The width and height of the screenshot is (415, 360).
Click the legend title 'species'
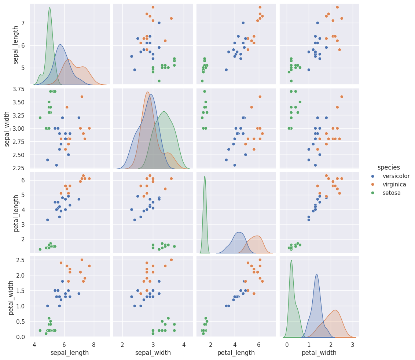tap(389, 167)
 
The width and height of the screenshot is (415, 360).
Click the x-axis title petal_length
tap(236, 353)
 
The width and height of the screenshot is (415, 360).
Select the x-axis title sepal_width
tap(153, 353)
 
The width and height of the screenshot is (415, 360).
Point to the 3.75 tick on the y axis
tap(19, 89)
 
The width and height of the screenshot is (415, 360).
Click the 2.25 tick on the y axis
tap(19, 168)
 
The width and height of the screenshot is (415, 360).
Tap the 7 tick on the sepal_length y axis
tap(23, 23)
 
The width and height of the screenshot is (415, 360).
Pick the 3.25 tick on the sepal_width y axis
tap(19, 115)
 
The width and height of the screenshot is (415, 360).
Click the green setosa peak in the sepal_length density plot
tap(49, 8)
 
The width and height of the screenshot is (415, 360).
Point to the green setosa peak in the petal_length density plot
tap(205, 177)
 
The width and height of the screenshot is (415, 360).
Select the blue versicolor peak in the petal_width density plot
tap(316, 275)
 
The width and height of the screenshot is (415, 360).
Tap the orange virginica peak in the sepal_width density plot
tap(147, 92)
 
